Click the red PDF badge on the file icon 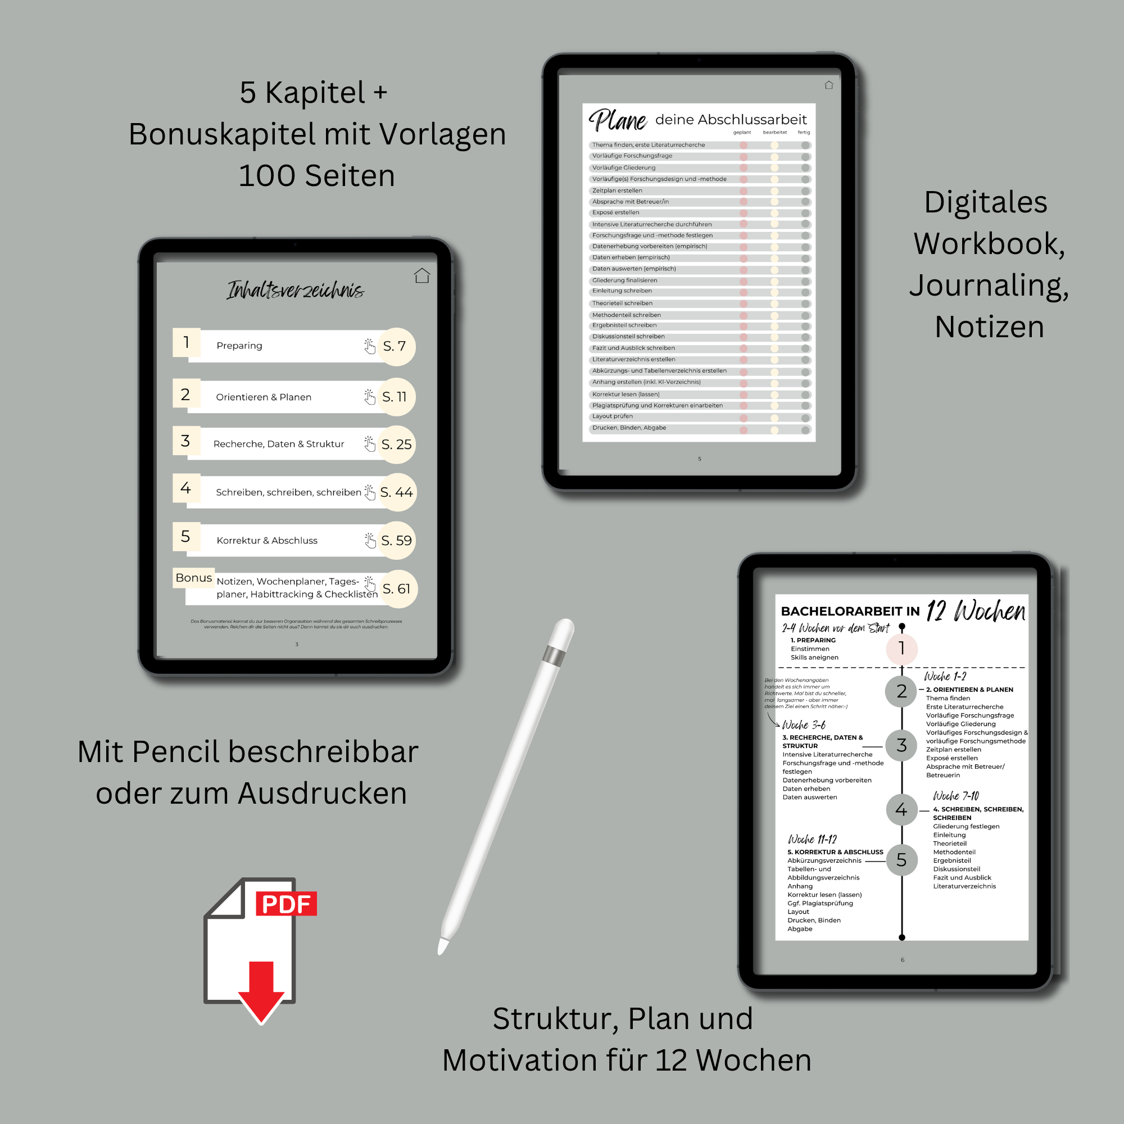(285, 904)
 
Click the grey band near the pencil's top (553, 656)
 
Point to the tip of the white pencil (442, 948)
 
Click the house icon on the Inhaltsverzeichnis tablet (422, 275)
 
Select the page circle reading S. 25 (397, 445)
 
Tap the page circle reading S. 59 (397, 541)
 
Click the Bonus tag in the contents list (194, 578)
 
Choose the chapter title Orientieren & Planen (264, 397)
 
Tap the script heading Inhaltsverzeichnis (296, 290)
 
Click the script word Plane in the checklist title (617, 120)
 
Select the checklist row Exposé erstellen (615, 213)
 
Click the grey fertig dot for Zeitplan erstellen (805, 191)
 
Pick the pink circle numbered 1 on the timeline (901, 647)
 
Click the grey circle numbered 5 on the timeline (901, 860)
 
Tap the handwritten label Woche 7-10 (956, 796)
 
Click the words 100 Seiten (316, 176)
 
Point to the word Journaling (989, 285)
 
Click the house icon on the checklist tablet (828, 85)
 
